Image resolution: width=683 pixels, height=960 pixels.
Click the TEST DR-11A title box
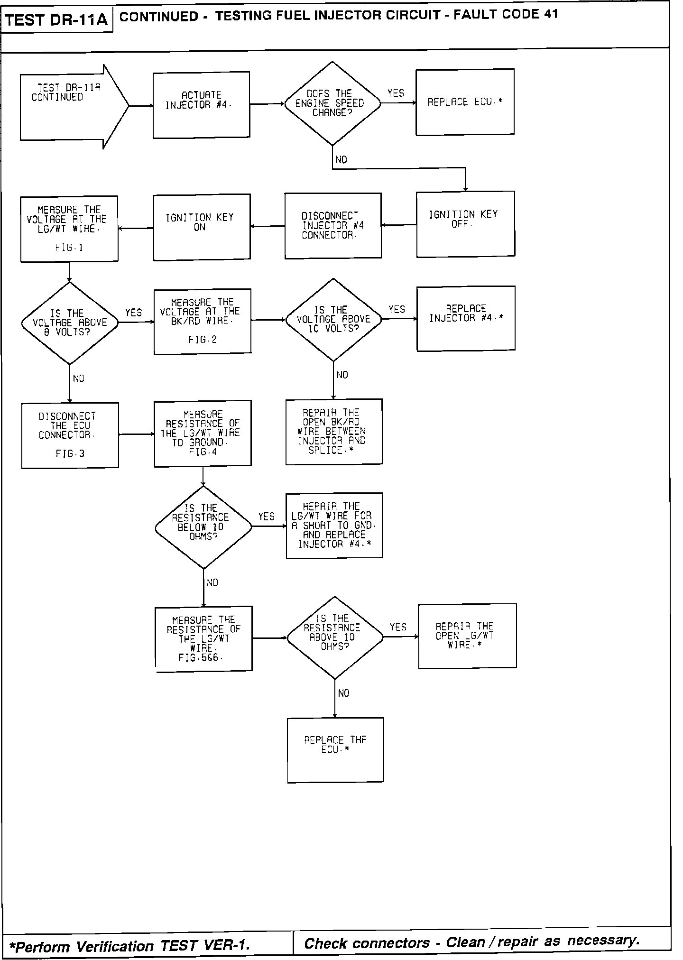(x=57, y=20)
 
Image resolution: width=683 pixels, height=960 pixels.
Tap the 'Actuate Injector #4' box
(x=201, y=105)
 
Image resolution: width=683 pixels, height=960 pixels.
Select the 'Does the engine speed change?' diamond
(x=332, y=103)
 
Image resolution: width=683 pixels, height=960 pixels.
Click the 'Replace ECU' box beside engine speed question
(x=465, y=102)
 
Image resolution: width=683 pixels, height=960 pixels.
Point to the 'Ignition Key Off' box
(x=465, y=224)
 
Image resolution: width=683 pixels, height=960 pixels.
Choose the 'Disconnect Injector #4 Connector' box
(x=332, y=226)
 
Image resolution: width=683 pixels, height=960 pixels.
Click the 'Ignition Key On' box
(x=202, y=227)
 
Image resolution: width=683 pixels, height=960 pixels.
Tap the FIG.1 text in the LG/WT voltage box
(x=69, y=248)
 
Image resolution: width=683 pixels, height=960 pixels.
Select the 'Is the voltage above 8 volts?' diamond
(x=70, y=323)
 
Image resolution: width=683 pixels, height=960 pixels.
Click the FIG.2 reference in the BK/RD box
(x=203, y=340)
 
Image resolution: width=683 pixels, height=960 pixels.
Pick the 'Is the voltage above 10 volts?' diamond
(x=333, y=320)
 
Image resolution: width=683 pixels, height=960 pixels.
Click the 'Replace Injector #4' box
(x=466, y=318)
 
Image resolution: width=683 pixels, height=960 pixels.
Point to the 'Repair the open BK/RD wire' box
(x=333, y=432)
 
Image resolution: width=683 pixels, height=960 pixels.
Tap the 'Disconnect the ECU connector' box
(x=70, y=435)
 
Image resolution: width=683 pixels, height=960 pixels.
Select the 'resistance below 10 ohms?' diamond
(x=203, y=527)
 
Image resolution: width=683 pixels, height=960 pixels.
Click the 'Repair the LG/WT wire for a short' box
(x=334, y=526)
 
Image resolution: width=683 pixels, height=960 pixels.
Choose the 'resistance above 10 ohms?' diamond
(x=334, y=637)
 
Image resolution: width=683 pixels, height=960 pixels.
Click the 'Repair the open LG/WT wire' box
(x=467, y=636)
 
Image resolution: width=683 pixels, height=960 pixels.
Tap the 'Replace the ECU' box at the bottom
(x=335, y=750)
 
